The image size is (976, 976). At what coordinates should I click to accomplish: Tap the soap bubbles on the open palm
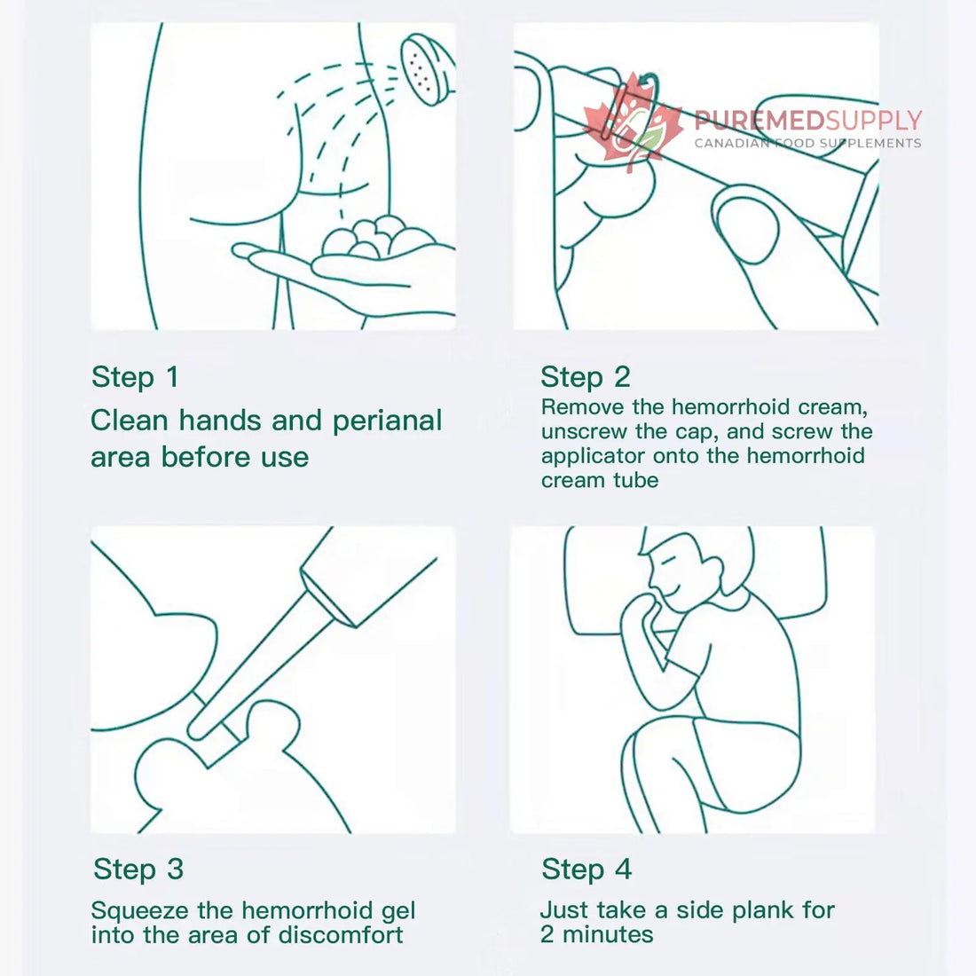coord(378,238)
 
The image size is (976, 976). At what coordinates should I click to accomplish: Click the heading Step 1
coord(135,377)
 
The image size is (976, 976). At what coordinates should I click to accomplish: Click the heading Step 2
coord(585,377)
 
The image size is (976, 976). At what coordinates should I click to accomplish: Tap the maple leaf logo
coord(633,122)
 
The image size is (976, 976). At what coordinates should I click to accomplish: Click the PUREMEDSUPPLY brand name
coord(808,120)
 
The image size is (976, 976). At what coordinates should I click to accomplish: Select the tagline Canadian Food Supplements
coord(808,144)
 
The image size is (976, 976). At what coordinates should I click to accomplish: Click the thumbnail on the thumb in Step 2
coord(746,228)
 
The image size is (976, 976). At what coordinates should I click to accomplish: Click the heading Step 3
coord(138,870)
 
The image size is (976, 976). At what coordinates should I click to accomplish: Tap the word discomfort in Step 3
coord(341,935)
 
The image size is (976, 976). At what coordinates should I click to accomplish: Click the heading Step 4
coord(586,870)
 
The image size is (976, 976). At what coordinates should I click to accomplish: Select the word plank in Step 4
coord(763,910)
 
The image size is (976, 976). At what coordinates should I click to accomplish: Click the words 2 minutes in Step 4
coord(597,934)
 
